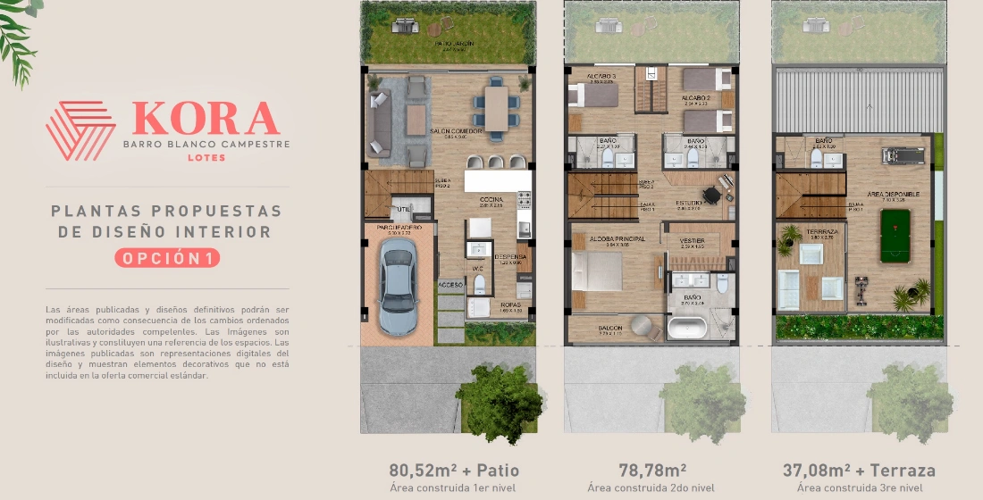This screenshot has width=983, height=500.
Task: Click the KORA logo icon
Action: click(80, 130)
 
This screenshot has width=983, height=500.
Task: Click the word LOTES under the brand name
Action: click(206, 158)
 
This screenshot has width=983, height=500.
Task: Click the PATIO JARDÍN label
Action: click(455, 44)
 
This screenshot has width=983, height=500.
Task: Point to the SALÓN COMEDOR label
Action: click(456, 131)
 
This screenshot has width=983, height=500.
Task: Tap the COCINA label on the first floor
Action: click(491, 200)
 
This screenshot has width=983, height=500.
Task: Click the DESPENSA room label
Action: click(511, 256)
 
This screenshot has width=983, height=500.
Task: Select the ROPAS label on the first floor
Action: click(510, 304)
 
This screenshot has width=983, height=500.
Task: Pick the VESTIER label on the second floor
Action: click(693, 239)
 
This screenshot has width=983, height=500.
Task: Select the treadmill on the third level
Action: click(895, 154)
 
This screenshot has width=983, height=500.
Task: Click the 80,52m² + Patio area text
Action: click(454, 470)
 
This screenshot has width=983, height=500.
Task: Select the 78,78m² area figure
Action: click(652, 470)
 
